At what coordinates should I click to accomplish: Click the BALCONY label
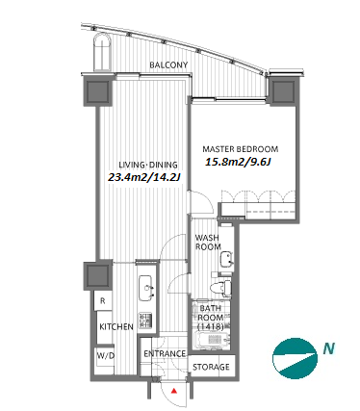(168, 65)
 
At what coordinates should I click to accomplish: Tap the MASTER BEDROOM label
(241, 149)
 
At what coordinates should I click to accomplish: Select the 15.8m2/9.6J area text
(238, 162)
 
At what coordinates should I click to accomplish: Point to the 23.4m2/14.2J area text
(143, 177)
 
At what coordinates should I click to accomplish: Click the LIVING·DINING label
(148, 165)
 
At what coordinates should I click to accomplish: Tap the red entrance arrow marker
(174, 391)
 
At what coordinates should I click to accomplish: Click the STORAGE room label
(211, 367)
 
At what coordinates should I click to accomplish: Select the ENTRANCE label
(165, 353)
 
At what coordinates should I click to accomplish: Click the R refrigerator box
(103, 301)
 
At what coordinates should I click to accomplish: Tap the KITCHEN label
(116, 327)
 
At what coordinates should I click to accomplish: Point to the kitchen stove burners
(145, 320)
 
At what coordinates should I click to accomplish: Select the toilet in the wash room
(222, 287)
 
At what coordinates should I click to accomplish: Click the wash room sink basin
(226, 259)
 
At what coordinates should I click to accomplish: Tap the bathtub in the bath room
(213, 340)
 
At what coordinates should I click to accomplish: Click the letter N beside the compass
(329, 347)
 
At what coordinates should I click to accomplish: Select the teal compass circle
(294, 358)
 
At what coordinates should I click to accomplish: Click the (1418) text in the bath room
(211, 326)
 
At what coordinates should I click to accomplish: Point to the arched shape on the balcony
(102, 52)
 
